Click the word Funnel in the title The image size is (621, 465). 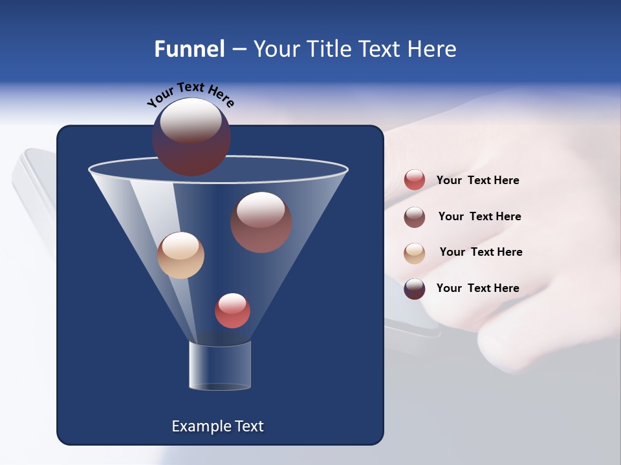tap(190, 49)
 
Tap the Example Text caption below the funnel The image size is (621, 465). tap(217, 426)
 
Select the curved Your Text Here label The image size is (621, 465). tap(190, 94)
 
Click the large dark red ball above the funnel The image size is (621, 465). tap(191, 137)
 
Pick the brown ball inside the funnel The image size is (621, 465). tap(261, 222)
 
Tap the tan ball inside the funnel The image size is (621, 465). tap(180, 255)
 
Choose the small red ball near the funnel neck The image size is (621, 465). tap(232, 311)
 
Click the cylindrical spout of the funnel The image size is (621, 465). tap(220, 366)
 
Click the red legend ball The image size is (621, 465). tap(415, 180)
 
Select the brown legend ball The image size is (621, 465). tap(415, 216)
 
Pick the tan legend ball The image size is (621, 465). tap(415, 253)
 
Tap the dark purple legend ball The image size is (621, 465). tap(415, 289)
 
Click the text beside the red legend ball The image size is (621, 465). tap(477, 180)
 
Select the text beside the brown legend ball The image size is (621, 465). tap(479, 216)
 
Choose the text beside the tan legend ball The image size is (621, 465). tap(481, 252)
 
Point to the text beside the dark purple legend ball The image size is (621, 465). tap(477, 288)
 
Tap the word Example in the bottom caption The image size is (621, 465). tap(199, 426)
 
